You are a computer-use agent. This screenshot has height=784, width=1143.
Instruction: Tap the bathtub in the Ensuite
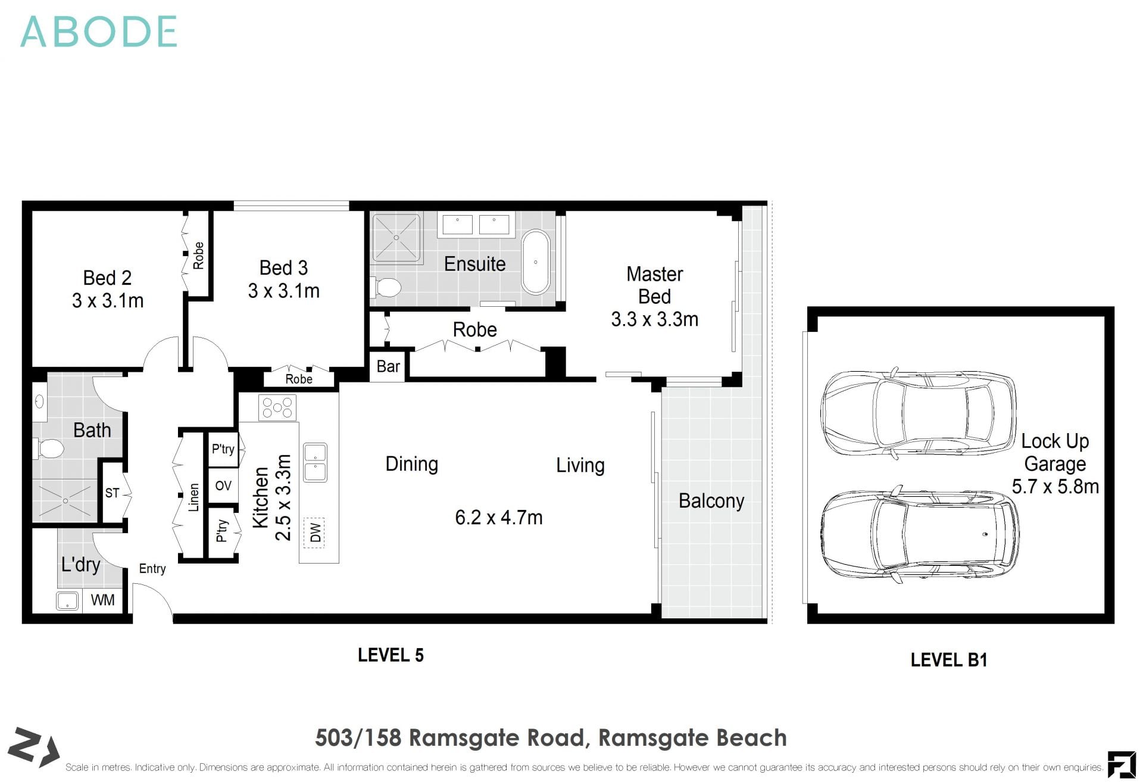pyautogui.click(x=536, y=262)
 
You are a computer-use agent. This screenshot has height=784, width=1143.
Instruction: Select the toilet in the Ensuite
pyautogui.click(x=388, y=287)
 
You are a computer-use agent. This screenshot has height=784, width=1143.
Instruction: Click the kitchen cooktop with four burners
pyautogui.click(x=277, y=407)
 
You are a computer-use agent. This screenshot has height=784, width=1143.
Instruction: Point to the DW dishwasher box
pyautogui.click(x=315, y=531)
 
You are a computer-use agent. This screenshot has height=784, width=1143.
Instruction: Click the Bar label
pyautogui.click(x=388, y=366)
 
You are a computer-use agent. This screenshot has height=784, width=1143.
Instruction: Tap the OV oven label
pyautogui.click(x=223, y=486)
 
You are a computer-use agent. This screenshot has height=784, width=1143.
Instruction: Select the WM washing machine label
pyautogui.click(x=103, y=600)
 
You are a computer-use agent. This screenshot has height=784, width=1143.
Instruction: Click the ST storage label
pyautogui.click(x=112, y=493)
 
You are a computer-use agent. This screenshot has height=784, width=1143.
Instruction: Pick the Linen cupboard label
pyautogui.click(x=193, y=497)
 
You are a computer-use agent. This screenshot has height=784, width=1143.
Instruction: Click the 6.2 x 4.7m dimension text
pyautogui.click(x=499, y=517)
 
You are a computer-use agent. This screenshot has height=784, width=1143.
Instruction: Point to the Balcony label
pyautogui.click(x=711, y=500)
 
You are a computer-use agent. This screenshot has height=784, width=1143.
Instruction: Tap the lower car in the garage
pyautogui.click(x=920, y=534)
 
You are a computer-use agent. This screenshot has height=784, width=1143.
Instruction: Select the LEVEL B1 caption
pyautogui.click(x=949, y=659)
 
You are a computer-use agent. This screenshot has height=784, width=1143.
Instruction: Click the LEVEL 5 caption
pyautogui.click(x=391, y=655)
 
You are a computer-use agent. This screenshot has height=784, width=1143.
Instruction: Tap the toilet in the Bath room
pyautogui.click(x=50, y=449)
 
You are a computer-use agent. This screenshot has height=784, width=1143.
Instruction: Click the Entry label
pyautogui.click(x=152, y=568)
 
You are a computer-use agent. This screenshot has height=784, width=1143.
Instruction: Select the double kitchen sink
pyautogui.click(x=315, y=462)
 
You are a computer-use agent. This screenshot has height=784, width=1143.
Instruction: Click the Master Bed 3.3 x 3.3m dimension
pyautogui.click(x=654, y=319)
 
